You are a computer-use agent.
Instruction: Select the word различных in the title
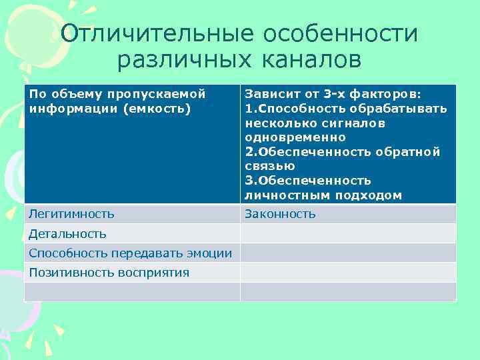pyautogui.click(x=181, y=60)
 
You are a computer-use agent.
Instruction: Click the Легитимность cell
pyautogui.click(x=71, y=214)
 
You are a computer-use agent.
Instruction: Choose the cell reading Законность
pyautogui.click(x=280, y=214)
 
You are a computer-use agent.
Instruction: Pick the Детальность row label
pyautogui.click(x=67, y=233)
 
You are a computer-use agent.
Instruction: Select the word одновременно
pyautogui.click(x=295, y=137)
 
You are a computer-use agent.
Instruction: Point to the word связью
pyautogui.click(x=269, y=167)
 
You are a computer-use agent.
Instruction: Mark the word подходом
pyautogui.click(x=370, y=195)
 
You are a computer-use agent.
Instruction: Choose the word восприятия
pyautogui.click(x=154, y=272)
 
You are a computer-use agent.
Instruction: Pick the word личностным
pyautogui.click(x=284, y=195)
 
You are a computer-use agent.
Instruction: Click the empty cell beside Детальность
pyautogui.click(x=348, y=233)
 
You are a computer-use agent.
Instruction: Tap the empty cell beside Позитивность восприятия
pyautogui.click(x=348, y=272)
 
